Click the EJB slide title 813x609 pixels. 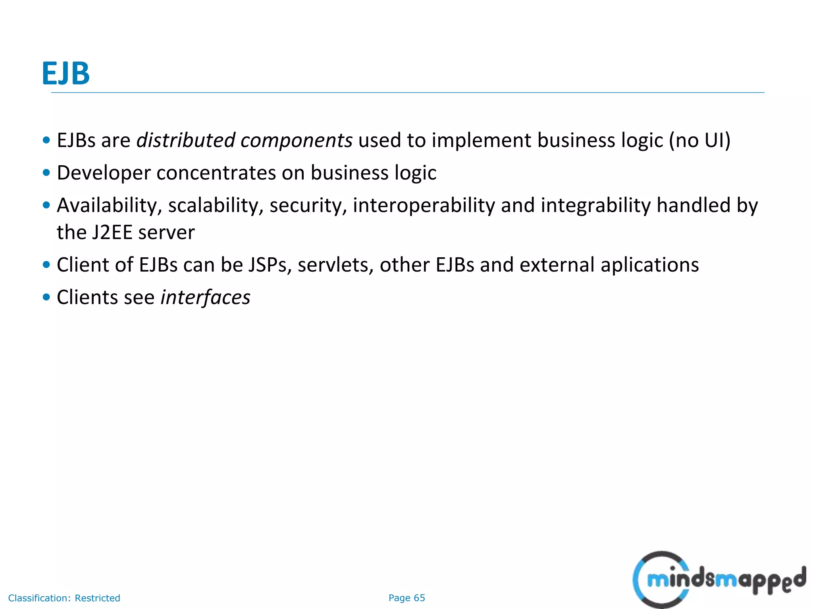[66, 73]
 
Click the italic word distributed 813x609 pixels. [186, 140]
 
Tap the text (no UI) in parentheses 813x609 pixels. [699, 140]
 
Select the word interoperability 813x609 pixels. [424, 206]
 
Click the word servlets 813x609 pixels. [335, 265]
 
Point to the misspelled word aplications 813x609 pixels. [649, 265]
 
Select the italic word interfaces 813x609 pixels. [205, 297]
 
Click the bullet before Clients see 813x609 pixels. [46, 297]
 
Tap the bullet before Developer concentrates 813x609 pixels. [46, 173]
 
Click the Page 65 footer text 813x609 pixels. [406, 598]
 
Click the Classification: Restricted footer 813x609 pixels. [64, 598]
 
